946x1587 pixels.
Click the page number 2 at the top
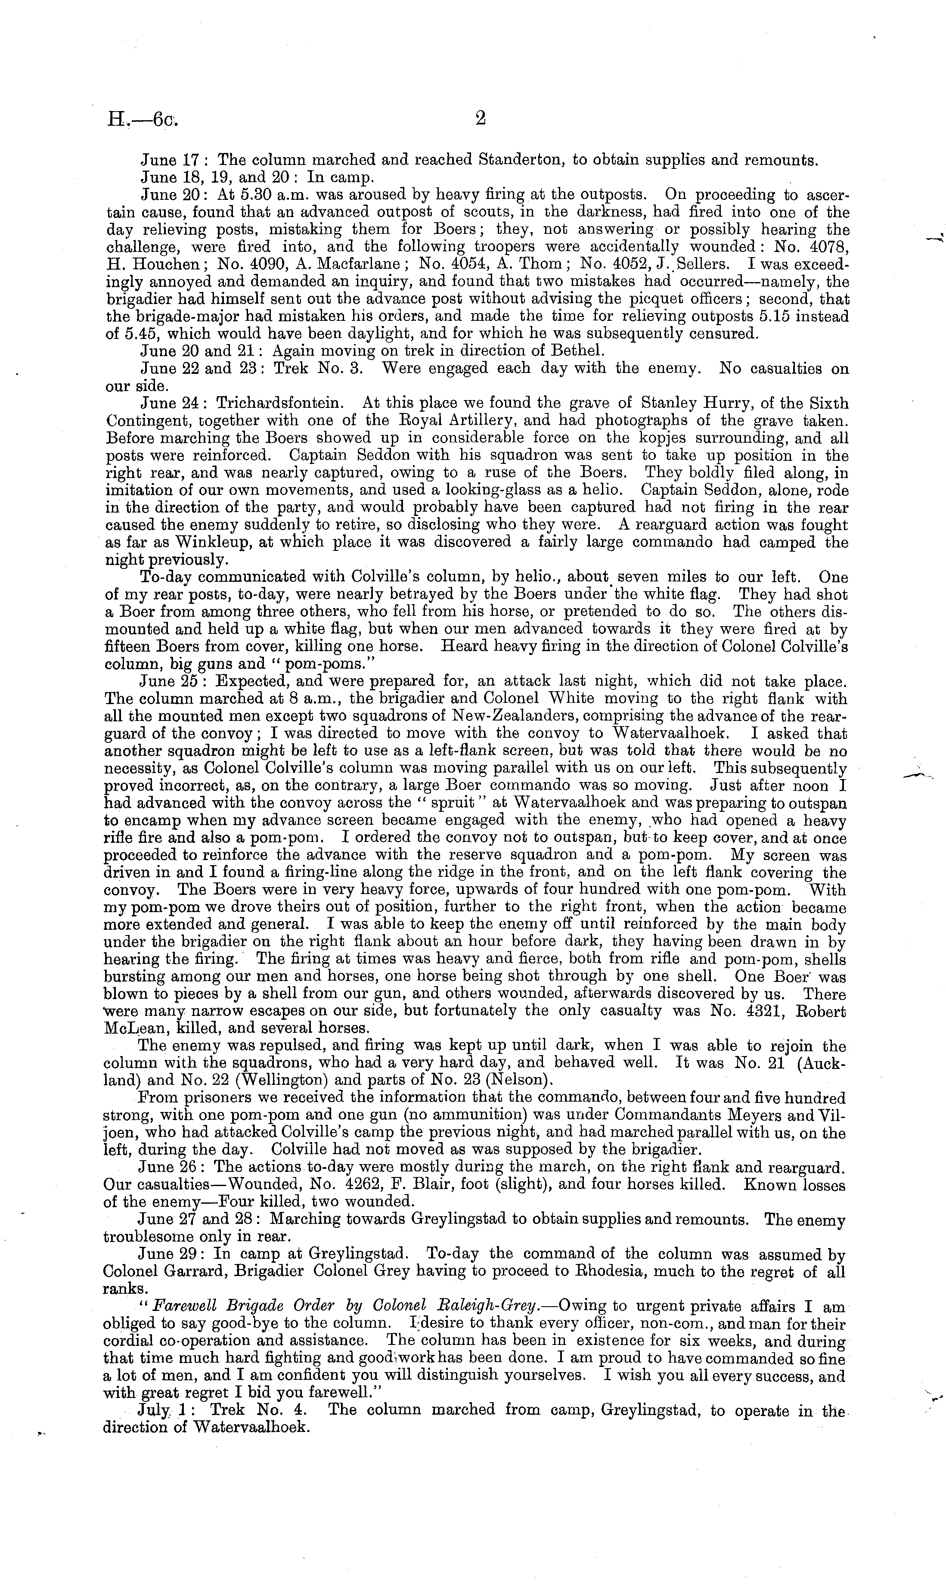[x=480, y=119]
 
